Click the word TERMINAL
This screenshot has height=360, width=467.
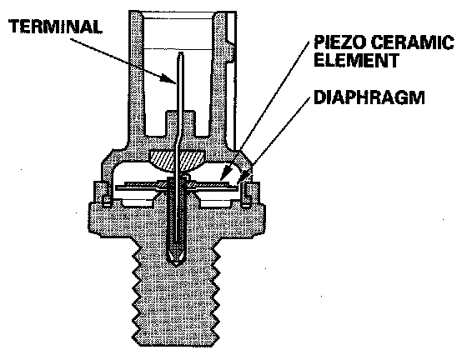tap(55, 27)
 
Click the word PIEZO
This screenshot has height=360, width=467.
tap(339, 42)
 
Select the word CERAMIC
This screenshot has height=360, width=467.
tap(413, 42)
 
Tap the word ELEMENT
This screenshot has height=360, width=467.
tap(357, 60)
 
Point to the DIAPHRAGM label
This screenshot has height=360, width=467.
tap(369, 97)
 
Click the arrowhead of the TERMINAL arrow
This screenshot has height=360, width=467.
tap(168, 78)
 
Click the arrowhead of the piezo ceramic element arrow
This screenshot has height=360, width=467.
tap(225, 175)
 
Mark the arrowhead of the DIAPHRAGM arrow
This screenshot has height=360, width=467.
tap(244, 176)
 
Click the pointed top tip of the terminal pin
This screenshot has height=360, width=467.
tap(180, 52)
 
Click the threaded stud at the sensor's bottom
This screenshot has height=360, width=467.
tap(176, 293)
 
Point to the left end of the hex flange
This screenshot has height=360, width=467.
tap(89, 217)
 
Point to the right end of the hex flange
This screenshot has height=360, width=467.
tap(264, 217)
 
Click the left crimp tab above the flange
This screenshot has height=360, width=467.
tap(101, 193)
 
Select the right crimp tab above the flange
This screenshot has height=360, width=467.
tap(251, 193)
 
